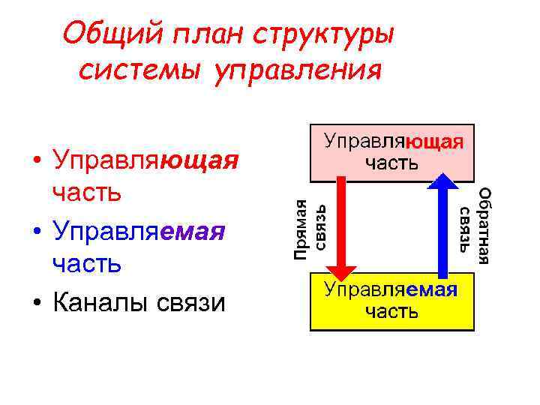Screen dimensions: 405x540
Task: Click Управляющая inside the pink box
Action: coord(392,142)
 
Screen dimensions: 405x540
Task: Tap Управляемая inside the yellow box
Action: coord(390,290)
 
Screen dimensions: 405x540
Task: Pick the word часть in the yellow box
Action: coord(391,311)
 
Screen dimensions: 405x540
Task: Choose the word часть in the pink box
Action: coord(391,162)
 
